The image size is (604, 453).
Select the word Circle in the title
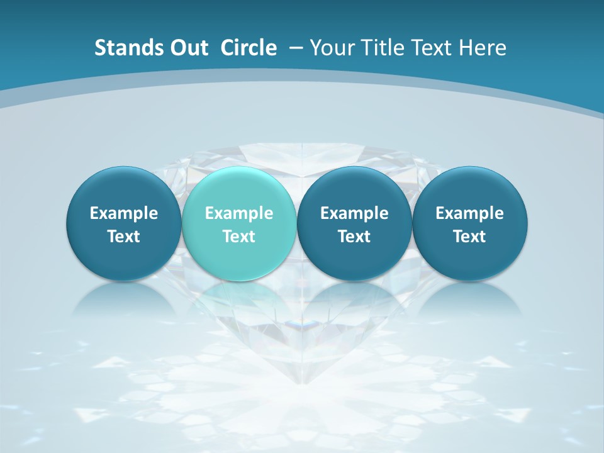(x=249, y=48)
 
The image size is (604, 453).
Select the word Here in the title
(x=482, y=48)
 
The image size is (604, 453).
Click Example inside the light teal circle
(x=239, y=213)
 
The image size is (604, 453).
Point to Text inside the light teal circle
(x=239, y=237)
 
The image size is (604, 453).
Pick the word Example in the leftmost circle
(x=124, y=213)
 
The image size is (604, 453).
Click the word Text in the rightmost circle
(x=469, y=237)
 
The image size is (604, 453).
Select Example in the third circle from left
(x=354, y=213)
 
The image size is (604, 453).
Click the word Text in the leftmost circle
(x=124, y=237)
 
